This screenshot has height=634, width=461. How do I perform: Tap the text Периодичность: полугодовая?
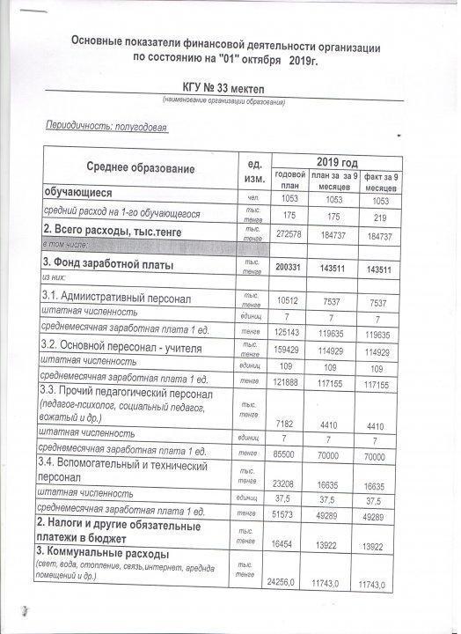click(x=106, y=127)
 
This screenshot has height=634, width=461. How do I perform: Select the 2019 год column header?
click(x=337, y=163)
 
